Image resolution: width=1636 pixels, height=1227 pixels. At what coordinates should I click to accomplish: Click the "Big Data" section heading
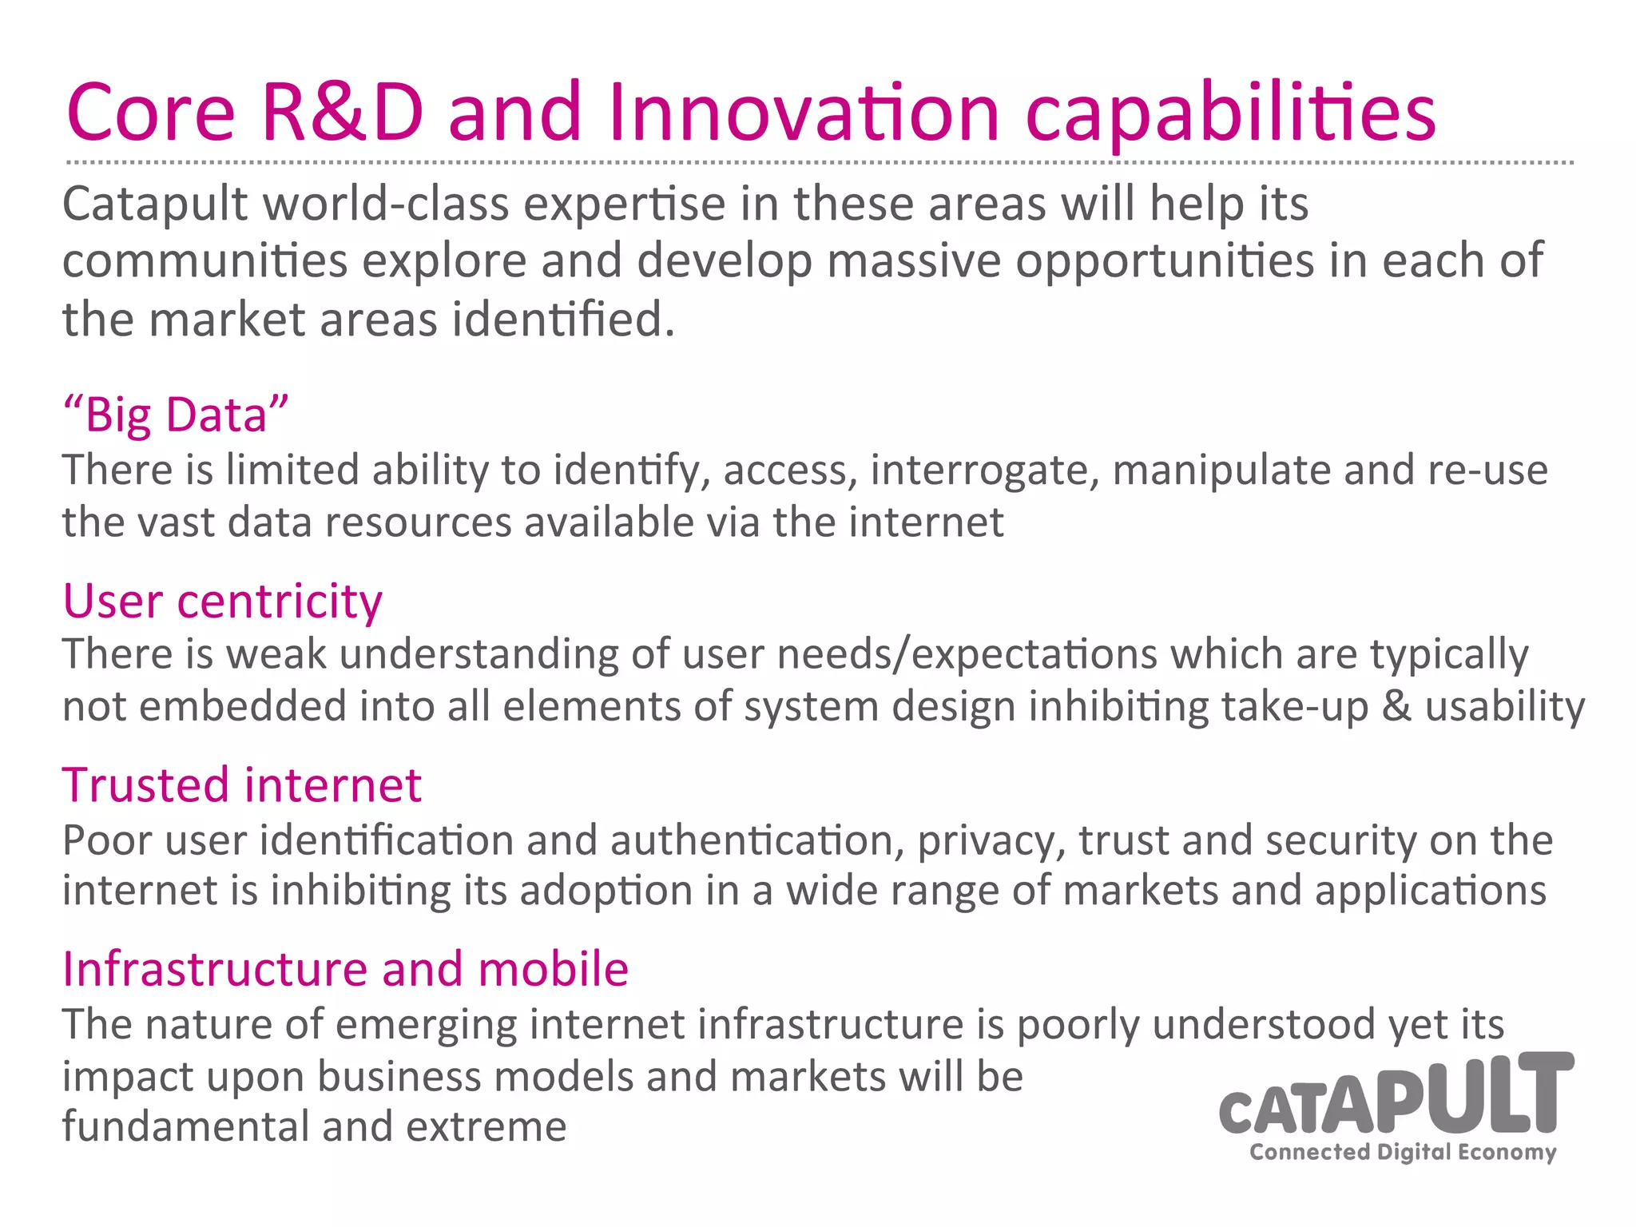pos(175,415)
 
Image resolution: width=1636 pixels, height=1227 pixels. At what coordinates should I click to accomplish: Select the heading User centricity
pos(222,601)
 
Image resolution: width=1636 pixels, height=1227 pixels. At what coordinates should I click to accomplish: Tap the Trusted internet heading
pos(241,784)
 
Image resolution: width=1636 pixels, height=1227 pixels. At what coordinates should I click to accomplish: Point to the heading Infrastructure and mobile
pos(345,969)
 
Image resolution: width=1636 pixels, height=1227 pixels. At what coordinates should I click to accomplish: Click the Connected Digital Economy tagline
pos(1403,1152)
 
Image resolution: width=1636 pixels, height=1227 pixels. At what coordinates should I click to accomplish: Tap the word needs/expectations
pos(967,655)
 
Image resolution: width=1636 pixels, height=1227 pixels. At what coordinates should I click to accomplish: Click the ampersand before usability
pos(1396,707)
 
